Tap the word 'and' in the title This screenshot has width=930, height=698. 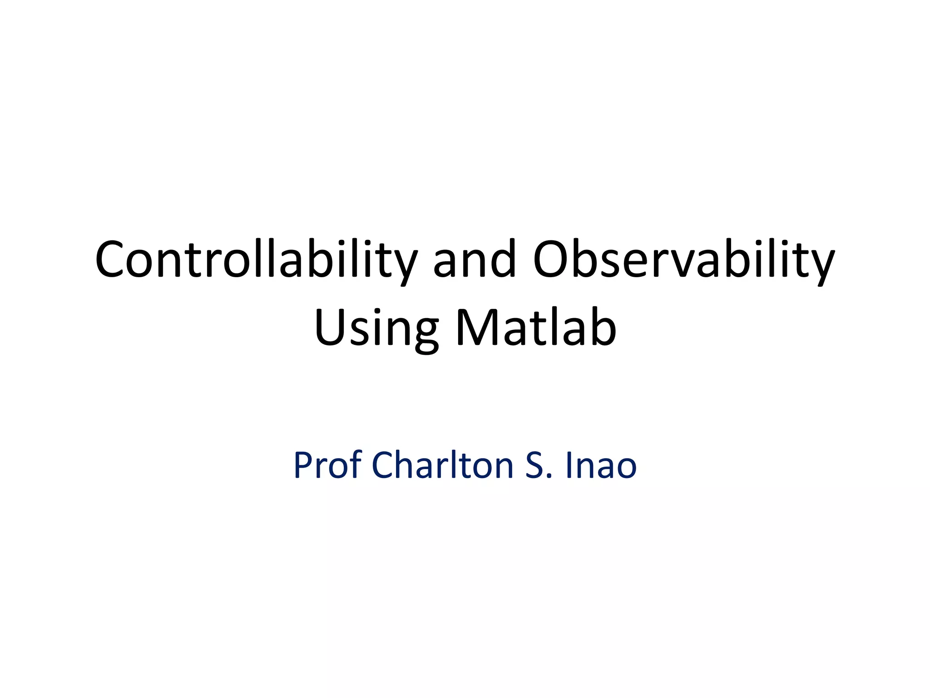click(475, 260)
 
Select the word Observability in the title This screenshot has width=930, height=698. click(683, 260)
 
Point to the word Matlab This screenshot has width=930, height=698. click(536, 328)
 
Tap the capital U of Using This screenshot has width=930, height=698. click(329, 328)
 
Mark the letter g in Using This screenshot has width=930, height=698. click(425, 334)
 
